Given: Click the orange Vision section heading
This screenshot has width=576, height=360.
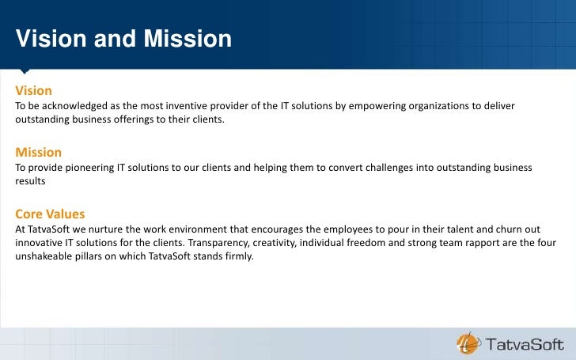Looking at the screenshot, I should pyautogui.click(x=34, y=91).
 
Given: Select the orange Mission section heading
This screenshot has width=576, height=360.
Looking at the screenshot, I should pyautogui.click(x=39, y=152).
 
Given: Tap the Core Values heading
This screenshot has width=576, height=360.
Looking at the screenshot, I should pyautogui.click(x=50, y=214).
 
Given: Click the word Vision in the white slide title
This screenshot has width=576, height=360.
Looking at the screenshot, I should pyautogui.click(x=52, y=39).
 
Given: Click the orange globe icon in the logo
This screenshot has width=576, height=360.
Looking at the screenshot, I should pyautogui.click(x=468, y=343).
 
